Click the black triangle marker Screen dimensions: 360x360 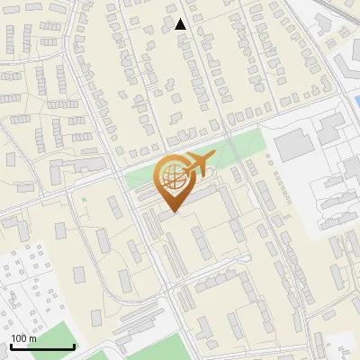pyautogui.click(x=181, y=24)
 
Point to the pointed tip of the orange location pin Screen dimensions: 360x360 pyautogui.click(x=173, y=212)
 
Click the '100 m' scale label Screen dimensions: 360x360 pyautogui.click(x=23, y=337)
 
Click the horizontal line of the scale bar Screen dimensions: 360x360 pyautogui.click(x=42, y=346)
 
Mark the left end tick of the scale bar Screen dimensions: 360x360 pyautogui.click(x=12, y=345)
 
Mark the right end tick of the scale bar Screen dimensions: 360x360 pyautogui.click(x=74, y=345)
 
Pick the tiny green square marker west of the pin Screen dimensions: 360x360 pyautogui.click(x=84, y=199)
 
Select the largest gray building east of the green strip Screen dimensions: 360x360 pyautogui.click(x=292, y=145)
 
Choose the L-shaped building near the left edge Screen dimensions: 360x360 pyautogui.click(x=59, y=170)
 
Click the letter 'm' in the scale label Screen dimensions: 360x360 pyautogui.click(x=32, y=337)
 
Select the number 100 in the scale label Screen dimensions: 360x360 pyautogui.click(x=19, y=337)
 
